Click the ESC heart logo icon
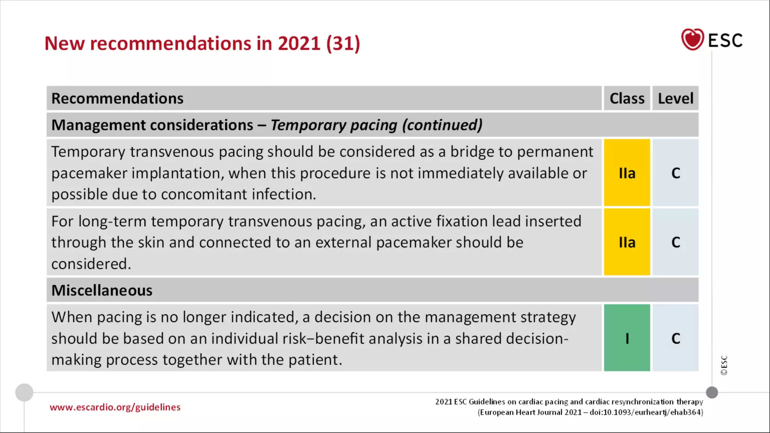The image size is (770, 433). point(692,39)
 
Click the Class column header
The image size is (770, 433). point(627,98)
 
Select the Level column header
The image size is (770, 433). point(675,98)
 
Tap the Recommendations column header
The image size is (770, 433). point(117,98)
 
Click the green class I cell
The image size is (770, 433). point(627,338)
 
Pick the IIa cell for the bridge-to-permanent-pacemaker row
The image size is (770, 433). point(627,173)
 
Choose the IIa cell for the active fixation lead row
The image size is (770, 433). point(627,242)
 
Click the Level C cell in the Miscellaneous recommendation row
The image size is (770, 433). point(676,338)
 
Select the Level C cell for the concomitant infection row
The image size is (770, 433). point(676,173)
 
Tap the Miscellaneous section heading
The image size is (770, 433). point(102,291)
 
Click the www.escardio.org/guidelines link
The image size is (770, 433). point(115,407)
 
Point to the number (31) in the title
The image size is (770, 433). point(343,44)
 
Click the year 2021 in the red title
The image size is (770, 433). point(299,44)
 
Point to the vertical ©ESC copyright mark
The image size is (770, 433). point(724,365)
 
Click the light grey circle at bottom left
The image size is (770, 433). point(24,392)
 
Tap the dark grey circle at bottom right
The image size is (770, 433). point(712,392)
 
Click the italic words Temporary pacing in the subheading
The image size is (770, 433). point(334,125)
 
